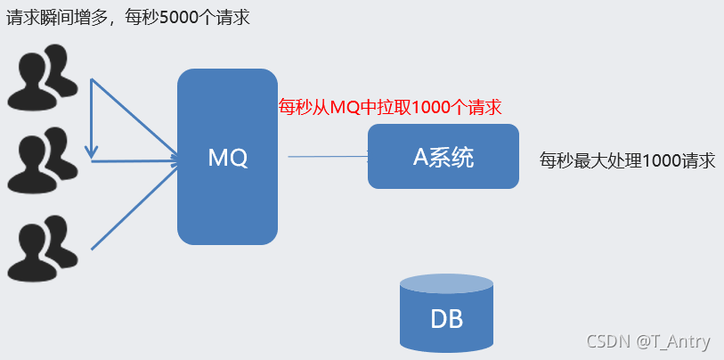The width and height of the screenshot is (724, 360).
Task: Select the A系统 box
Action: pos(443,156)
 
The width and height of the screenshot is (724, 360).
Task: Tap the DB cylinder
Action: pos(446,316)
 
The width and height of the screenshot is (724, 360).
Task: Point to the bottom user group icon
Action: pos(41,247)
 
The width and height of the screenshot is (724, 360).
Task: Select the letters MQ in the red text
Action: pos(343,108)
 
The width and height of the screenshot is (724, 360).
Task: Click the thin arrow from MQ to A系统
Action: pos(328,157)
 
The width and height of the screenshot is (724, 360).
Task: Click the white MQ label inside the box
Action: pos(227,158)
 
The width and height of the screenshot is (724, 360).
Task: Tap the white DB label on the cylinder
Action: pos(446,318)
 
